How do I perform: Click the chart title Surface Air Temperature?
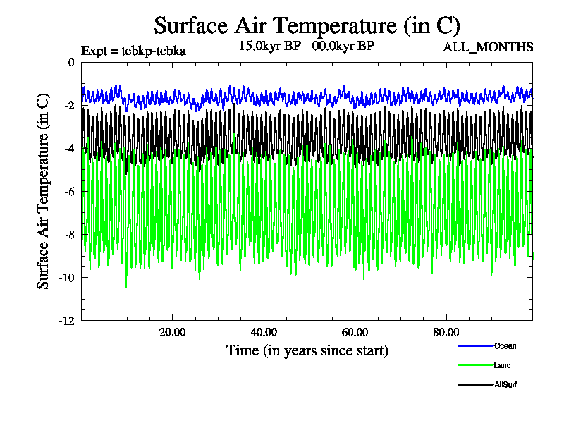307,26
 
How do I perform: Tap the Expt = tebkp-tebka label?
133,51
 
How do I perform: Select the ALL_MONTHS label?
488,47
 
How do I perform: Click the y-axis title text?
44,192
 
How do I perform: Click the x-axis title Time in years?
307,350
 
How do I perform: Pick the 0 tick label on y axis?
70,63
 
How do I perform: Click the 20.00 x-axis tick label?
172,333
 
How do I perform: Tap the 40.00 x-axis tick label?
264,333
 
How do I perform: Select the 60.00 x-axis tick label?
355,333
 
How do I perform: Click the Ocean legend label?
505,345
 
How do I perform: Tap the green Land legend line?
475,365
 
